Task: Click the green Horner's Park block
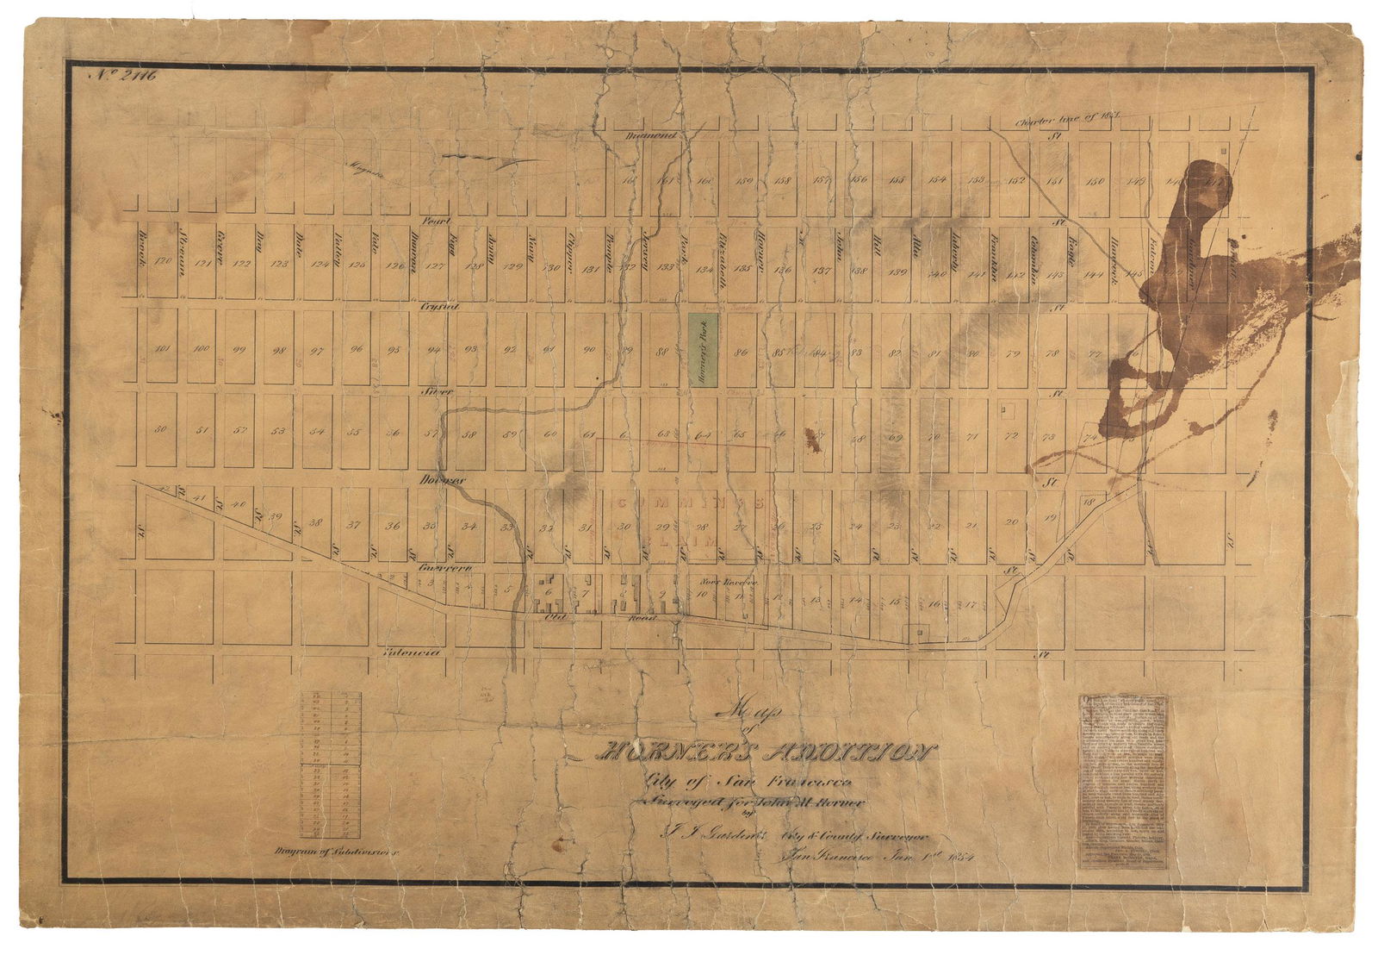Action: [x=704, y=343]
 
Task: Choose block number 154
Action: [x=938, y=180]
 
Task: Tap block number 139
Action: [x=898, y=272]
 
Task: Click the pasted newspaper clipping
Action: [x=1123, y=781]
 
